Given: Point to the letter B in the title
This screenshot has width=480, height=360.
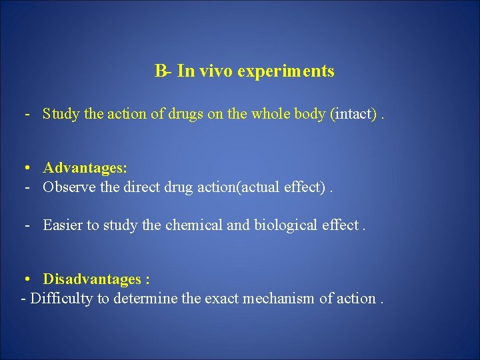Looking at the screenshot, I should point(160,71).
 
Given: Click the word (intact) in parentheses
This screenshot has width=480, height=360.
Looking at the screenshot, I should point(353,114).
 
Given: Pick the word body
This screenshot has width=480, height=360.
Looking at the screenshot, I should point(310,114).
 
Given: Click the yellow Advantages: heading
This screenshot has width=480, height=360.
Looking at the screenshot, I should point(85,167).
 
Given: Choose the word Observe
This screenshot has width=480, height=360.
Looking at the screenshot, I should point(69,187).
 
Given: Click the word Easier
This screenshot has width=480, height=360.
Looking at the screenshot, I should point(63,225).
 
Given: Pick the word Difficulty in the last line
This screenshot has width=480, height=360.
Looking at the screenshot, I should point(62,299).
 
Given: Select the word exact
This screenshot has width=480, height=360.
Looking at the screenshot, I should point(223,299).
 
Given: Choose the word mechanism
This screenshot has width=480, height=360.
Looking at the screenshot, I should point(281,299).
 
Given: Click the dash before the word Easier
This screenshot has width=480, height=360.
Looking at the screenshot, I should point(28,225).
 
